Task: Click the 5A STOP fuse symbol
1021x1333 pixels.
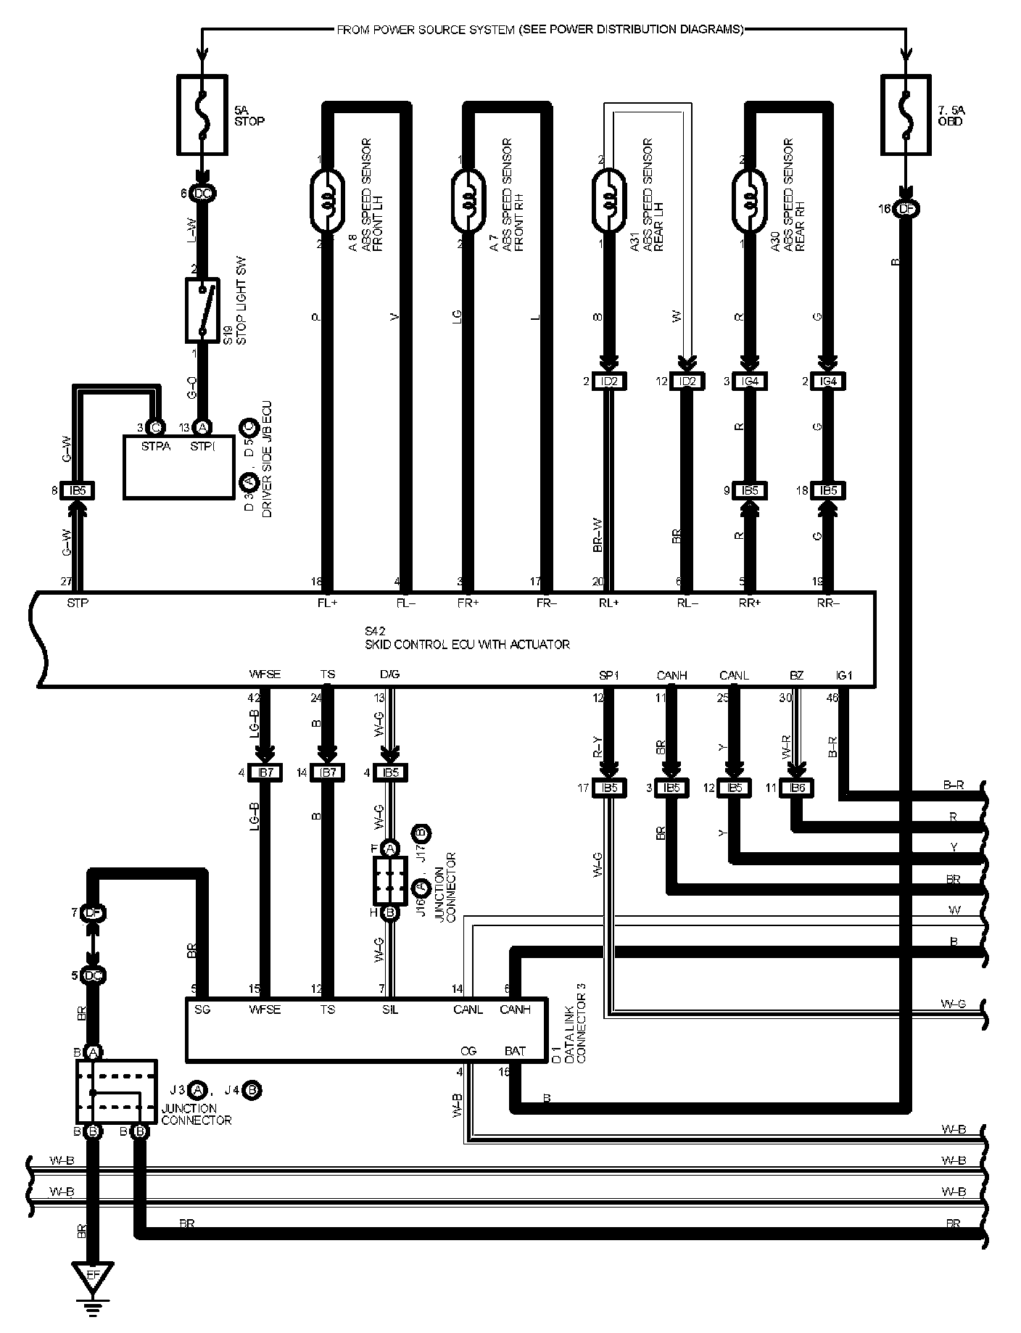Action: click(x=202, y=116)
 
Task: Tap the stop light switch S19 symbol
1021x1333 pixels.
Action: click(x=202, y=310)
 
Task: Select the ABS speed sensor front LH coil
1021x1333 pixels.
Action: click(x=329, y=191)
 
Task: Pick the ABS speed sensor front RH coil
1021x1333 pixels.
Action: click(x=471, y=191)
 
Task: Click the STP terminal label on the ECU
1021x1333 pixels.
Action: click(x=78, y=602)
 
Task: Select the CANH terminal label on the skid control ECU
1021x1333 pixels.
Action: click(x=672, y=676)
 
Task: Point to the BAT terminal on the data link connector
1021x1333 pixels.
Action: click(x=515, y=1050)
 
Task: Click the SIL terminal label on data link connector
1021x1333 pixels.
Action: click(x=391, y=1010)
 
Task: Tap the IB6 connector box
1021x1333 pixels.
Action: click(x=797, y=788)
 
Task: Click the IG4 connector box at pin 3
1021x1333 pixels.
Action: click(x=751, y=381)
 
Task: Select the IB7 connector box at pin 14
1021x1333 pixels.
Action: click(x=328, y=772)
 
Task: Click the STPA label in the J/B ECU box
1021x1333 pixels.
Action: click(x=155, y=446)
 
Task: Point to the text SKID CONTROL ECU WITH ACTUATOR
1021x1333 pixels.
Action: click(x=467, y=644)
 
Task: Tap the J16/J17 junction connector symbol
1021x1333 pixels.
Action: click(x=390, y=879)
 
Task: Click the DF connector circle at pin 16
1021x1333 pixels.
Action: click(x=905, y=210)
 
